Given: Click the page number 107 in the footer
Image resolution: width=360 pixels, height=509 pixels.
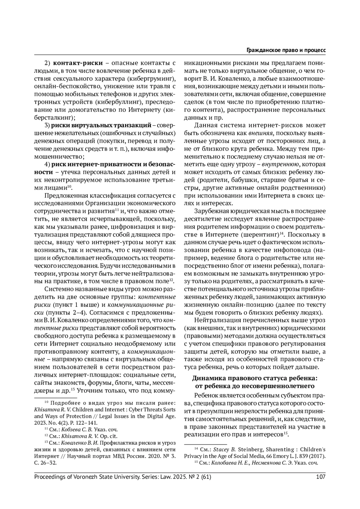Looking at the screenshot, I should pos(321,477).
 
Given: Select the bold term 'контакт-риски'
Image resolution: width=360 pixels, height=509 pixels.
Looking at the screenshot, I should pos(78,64).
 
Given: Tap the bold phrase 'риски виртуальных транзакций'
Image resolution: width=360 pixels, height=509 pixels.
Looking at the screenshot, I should pos(101,125).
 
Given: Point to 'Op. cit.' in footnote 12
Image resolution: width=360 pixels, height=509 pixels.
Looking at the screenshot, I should pos(108,436).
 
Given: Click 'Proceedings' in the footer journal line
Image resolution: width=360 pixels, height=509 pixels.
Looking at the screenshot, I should pos(49,477).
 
